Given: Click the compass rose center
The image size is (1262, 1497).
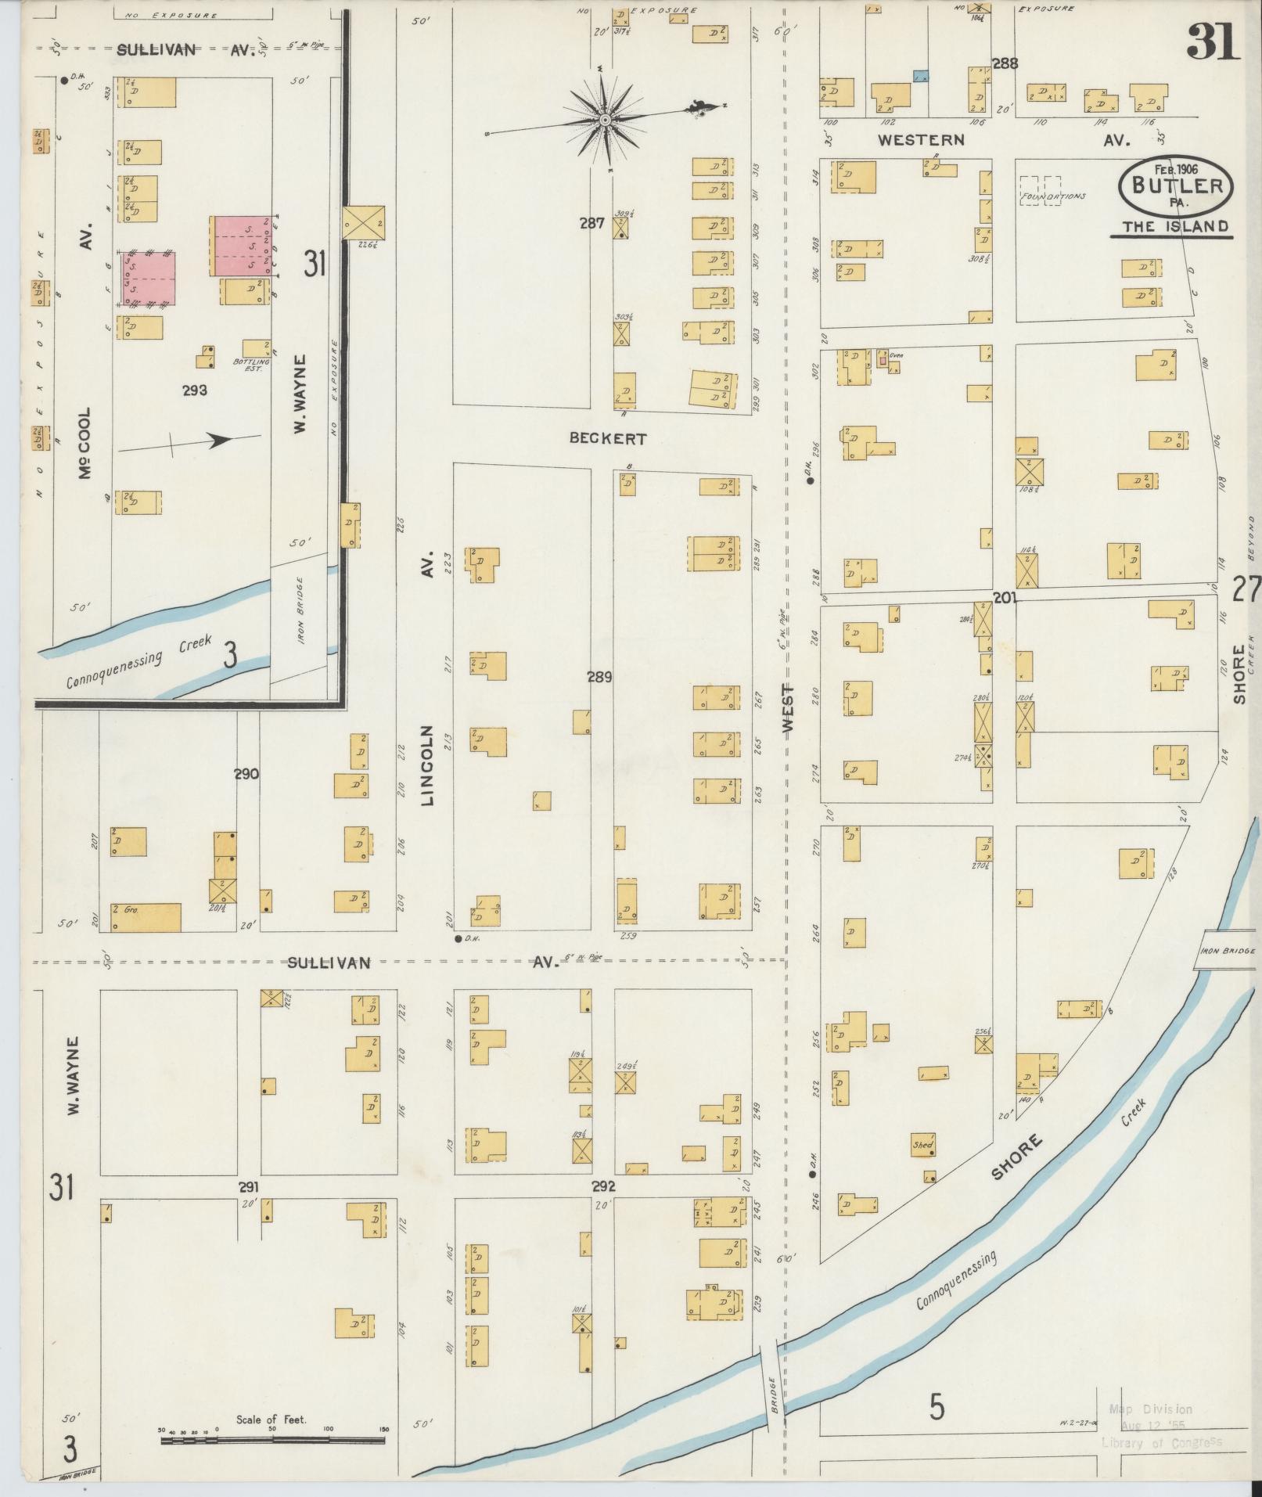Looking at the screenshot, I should pos(605,120).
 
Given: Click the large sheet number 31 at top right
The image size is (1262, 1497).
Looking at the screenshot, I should pos(1213,41).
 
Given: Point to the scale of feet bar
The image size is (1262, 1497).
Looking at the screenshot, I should pos(274,1438).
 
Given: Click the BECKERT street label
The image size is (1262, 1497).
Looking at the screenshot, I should pos(608,439).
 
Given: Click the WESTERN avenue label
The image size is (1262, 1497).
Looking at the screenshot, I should pos(921,140).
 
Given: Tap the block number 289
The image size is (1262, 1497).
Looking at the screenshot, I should pos(599,677).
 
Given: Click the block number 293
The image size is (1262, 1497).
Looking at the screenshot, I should pos(194,390).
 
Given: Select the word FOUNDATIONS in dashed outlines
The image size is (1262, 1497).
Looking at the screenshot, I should pos(1052,196).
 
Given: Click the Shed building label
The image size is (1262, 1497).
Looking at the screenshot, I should pos(922,1145).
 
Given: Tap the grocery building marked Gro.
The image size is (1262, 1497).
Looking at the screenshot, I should pos(146,917).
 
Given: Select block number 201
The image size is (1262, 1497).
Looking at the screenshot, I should pos(1005,598).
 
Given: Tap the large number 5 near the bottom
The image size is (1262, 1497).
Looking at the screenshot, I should pos(937,1409).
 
